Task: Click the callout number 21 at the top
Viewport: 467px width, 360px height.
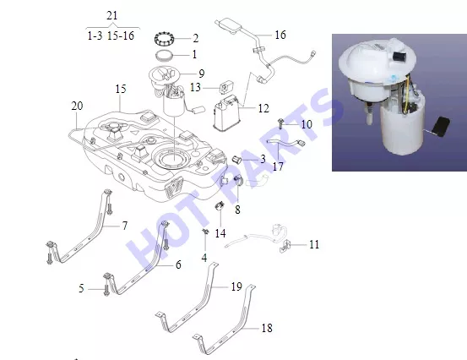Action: (x=112, y=15)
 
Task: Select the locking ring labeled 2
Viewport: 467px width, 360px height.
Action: (x=164, y=38)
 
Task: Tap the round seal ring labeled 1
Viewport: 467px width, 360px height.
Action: (x=165, y=56)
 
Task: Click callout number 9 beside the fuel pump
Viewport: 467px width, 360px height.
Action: (x=201, y=74)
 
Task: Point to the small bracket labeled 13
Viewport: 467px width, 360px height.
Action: (x=226, y=87)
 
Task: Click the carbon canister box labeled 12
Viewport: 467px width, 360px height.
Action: (x=226, y=113)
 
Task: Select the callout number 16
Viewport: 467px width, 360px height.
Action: (x=280, y=35)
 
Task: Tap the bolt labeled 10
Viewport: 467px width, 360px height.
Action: (x=280, y=123)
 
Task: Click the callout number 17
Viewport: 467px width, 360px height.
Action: (x=278, y=166)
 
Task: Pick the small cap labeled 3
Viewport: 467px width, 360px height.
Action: (x=236, y=160)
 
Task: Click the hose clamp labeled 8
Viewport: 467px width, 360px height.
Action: (x=238, y=180)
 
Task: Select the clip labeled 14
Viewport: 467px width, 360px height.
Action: (x=220, y=205)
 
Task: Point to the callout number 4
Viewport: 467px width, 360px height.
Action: (x=204, y=258)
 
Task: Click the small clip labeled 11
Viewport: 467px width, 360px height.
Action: (x=285, y=246)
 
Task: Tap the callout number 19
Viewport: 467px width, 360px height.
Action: (x=236, y=286)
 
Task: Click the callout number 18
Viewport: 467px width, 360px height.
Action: (x=267, y=328)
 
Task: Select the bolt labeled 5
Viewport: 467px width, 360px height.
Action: (x=106, y=290)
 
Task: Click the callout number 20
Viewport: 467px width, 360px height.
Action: (x=77, y=106)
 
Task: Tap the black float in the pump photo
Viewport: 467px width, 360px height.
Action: (x=442, y=127)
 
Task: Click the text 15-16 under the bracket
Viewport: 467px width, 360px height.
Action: (x=121, y=35)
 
